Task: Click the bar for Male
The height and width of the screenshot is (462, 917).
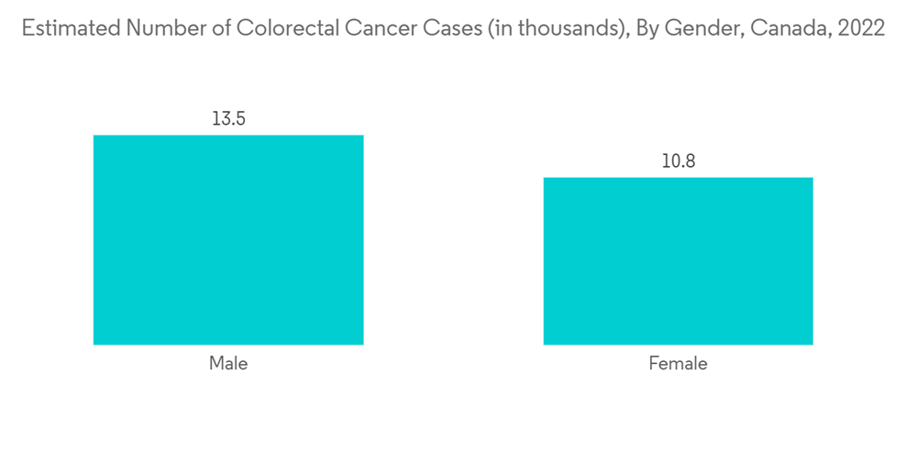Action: pos(228,240)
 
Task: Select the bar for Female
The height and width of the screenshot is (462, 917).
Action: pos(678,261)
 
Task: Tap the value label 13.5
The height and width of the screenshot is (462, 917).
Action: pos(228,119)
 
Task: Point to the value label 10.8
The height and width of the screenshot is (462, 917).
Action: pos(678,161)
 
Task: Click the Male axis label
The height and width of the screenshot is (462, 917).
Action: pos(228,364)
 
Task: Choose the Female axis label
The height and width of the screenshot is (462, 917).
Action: pos(678,364)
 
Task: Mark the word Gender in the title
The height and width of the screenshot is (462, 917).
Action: pos(706,28)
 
